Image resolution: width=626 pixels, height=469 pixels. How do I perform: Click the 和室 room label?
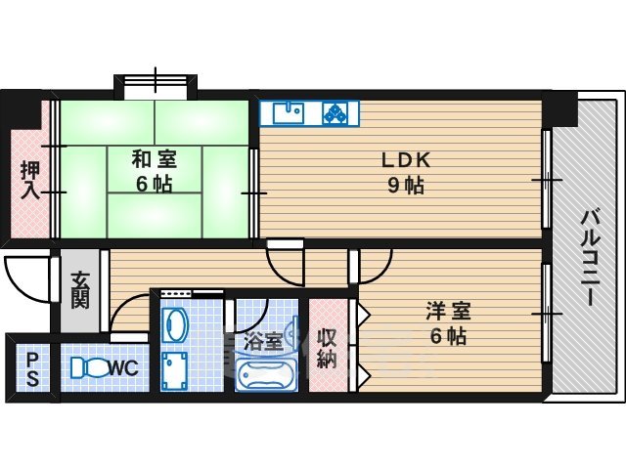click(x=155, y=155)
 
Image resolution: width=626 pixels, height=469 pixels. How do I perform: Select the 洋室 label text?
click(x=448, y=312)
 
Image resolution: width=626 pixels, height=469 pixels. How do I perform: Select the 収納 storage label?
click(x=328, y=347)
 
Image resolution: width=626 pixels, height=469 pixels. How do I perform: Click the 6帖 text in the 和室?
click(x=155, y=183)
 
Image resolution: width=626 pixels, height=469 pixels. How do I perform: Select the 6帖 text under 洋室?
click(x=448, y=337)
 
